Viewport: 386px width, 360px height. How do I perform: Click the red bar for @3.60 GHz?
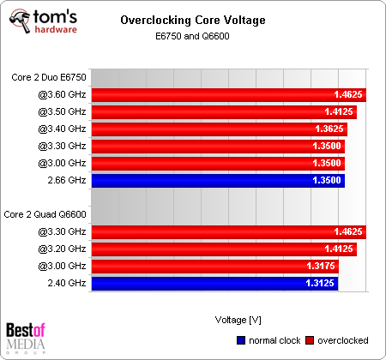point(228,95)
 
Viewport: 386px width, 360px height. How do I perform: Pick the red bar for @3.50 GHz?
point(224,112)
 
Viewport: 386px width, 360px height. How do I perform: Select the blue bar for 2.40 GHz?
point(214,283)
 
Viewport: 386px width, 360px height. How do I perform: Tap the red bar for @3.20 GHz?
point(224,249)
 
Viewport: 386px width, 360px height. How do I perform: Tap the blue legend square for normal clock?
point(239,340)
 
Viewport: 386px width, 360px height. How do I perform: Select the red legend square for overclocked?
point(311,340)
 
